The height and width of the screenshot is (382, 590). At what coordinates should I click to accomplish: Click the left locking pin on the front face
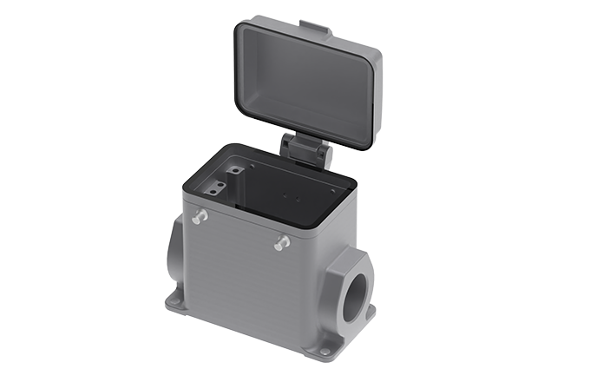200,216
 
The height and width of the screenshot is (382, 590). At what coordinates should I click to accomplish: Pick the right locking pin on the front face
281,244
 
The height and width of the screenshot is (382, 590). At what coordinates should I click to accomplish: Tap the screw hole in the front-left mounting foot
177,301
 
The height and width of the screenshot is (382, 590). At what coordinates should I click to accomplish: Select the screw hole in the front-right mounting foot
324,352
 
